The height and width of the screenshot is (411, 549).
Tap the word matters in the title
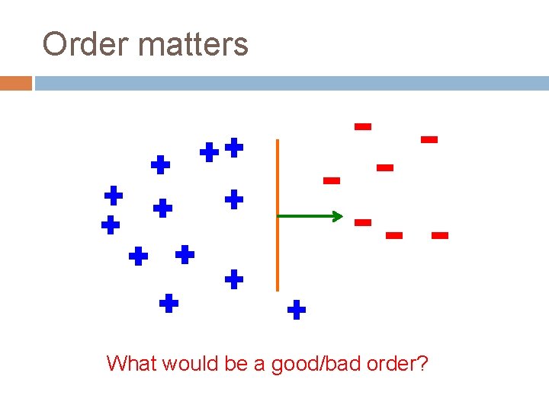click(x=194, y=44)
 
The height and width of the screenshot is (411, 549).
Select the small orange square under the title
click(x=15, y=83)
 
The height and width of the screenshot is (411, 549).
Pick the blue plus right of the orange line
click(x=297, y=310)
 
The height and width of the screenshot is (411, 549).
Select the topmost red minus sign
click(x=363, y=126)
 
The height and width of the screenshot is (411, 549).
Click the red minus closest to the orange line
click(x=331, y=180)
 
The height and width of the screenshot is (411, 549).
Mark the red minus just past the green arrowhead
click(x=363, y=222)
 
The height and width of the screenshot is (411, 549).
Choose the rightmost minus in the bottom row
click(x=439, y=236)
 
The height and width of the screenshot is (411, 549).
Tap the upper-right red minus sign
click(x=429, y=139)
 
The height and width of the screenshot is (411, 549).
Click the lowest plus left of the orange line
click(x=169, y=304)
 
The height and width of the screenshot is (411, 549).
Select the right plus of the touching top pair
click(x=234, y=148)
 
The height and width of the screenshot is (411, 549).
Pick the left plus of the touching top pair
click(x=209, y=152)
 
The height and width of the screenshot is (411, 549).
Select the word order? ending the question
click(x=399, y=363)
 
